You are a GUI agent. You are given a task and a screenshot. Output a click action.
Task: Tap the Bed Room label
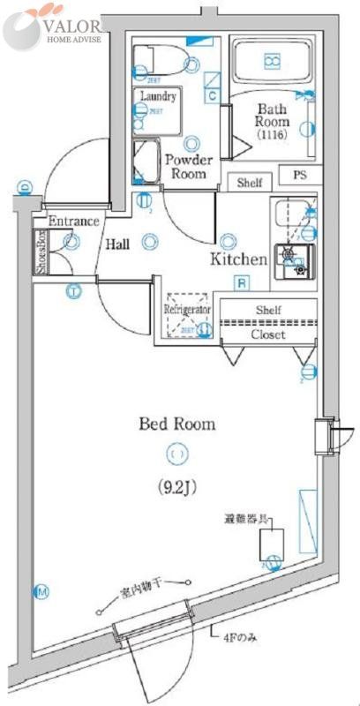pos(176,424)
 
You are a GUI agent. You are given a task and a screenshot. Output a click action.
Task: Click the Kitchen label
pos(238,259)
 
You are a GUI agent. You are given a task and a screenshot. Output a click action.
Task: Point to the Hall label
pos(119,245)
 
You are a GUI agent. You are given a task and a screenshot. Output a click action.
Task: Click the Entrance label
pos(73,221)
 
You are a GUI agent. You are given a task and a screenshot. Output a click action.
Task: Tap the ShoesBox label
pos(40,252)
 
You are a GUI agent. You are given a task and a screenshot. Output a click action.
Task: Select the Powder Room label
pos(186,167)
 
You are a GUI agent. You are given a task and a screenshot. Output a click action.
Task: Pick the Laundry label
pos(158,96)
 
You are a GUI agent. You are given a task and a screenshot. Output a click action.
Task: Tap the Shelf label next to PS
pos(251,183)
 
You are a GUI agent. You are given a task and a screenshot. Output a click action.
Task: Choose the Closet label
pos(267,334)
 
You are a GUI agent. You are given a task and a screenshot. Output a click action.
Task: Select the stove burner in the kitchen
pos(292,258)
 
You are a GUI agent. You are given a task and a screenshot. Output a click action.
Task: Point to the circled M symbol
pos(41,590)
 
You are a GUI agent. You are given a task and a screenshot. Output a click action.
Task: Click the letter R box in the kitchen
pos(239,283)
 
